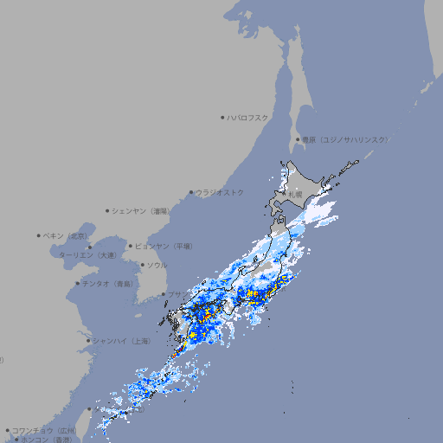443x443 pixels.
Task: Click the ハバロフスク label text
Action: [x=248, y=117]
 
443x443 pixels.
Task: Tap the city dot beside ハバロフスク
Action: [x=222, y=117]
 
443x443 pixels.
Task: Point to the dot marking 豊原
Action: [x=298, y=139]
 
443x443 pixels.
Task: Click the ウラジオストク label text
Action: [x=220, y=192]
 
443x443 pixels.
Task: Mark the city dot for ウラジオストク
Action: [x=191, y=192]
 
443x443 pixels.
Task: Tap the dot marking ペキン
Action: [x=39, y=235]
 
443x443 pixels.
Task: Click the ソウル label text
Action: [x=157, y=265]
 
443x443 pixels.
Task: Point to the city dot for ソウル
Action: [x=142, y=265]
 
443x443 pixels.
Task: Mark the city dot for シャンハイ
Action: [x=88, y=340]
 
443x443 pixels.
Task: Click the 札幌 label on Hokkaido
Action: [x=296, y=196]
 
